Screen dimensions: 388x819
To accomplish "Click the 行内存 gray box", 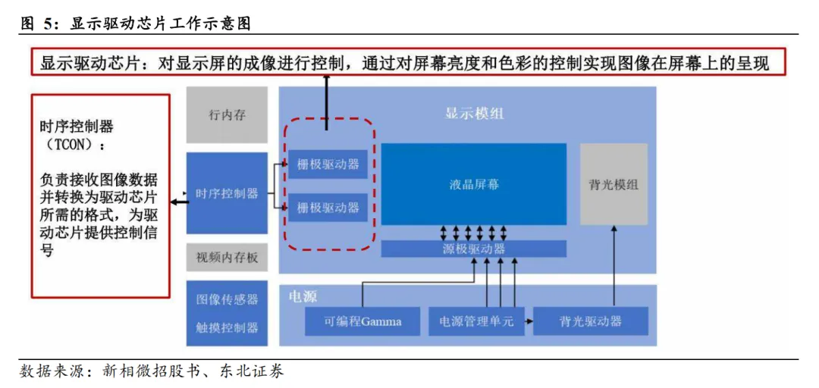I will (227, 115).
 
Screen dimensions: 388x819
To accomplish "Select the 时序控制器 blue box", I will (227, 193).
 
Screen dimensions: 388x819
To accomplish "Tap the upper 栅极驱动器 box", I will (328, 164).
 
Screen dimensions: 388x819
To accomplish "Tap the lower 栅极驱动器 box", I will (328, 207).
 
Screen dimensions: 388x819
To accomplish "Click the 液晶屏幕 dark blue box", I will (473, 184).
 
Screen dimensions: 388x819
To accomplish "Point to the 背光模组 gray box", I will (613, 184).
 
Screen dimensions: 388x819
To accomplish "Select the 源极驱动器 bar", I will (473, 249).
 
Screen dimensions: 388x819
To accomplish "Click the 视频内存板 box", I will (227, 258).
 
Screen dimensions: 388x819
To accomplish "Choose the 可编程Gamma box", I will (362, 321).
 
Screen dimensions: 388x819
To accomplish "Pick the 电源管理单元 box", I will (476, 321).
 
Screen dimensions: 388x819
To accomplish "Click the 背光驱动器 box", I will (590, 321).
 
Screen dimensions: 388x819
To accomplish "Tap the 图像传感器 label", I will (227, 299).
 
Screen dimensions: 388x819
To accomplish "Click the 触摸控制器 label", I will (227, 327).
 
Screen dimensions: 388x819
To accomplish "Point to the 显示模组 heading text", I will (473, 114).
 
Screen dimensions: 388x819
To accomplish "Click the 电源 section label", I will (303, 296).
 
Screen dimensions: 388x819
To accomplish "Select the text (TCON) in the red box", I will (71, 144).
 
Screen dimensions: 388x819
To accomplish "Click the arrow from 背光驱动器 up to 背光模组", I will (613, 265).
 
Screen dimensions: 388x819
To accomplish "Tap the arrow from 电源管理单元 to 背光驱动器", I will (526, 321).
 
